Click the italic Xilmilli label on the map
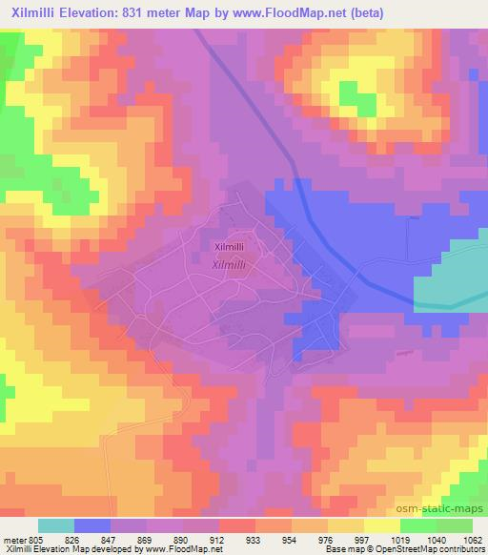[x=231, y=266]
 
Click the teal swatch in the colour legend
[x=56, y=524]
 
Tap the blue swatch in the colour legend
[x=93, y=524]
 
